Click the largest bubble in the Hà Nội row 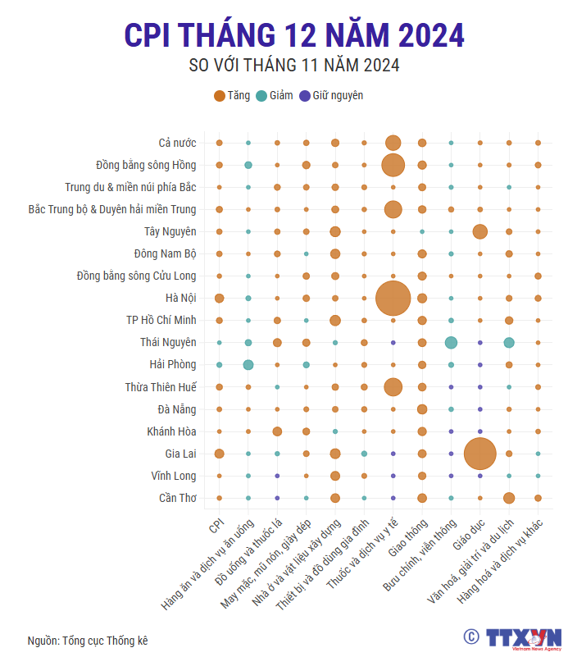click(x=393, y=298)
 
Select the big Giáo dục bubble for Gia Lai click(x=479, y=453)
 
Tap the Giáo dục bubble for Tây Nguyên click(x=479, y=231)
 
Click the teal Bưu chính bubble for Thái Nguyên click(x=451, y=342)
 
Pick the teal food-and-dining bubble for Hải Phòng click(x=248, y=364)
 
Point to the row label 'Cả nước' click(x=177, y=144)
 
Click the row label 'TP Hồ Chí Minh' click(x=156, y=320)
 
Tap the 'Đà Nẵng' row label click(x=176, y=408)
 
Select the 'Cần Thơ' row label click(x=177, y=497)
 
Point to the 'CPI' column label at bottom click(x=216, y=525)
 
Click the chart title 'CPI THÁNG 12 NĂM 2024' click(x=294, y=35)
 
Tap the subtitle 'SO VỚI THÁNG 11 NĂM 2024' click(x=294, y=66)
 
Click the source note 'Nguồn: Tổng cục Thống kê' click(x=88, y=641)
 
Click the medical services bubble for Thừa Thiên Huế click(x=393, y=386)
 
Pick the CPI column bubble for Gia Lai click(x=219, y=453)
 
